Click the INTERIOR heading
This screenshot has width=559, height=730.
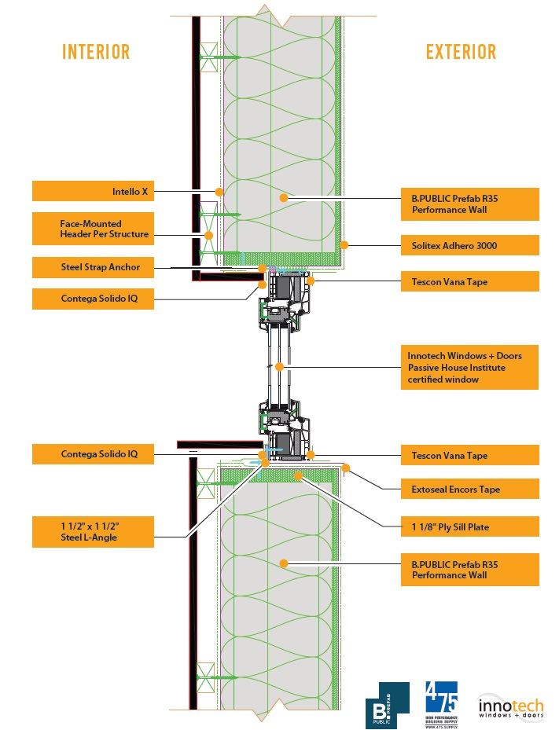[x=96, y=53]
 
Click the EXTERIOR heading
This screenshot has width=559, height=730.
[x=461, y=53]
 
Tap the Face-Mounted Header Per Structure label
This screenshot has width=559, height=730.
[x=93, y=229]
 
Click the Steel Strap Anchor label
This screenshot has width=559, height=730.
[x=93, y=267]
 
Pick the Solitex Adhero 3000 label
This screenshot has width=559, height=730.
[x=469, y=245]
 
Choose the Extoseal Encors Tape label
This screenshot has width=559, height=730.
[x=469, y=490]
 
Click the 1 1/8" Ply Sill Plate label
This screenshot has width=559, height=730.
[x=469, y=527]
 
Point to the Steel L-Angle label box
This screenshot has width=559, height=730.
[x=93, y=532]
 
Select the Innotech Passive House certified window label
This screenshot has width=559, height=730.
[x=469, y=367]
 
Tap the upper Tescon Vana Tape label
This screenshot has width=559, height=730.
[x=469, y=281]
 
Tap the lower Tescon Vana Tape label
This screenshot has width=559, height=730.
[x=469, y=455]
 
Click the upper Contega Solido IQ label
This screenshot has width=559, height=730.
[x=93, y=299]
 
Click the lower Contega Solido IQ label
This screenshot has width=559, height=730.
[x=93, y=454]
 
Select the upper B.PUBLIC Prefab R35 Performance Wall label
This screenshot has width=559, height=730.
[x=469, y=204]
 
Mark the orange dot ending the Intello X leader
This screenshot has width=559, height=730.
[x=220, y=191]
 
